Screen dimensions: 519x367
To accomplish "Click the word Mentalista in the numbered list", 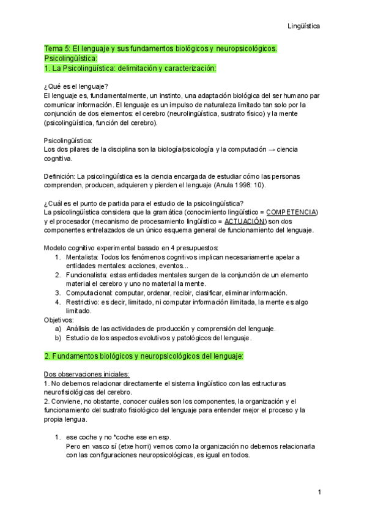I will (81, 257).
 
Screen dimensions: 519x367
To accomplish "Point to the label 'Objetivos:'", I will (59, 319).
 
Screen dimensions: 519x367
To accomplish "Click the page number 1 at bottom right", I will (319, 492).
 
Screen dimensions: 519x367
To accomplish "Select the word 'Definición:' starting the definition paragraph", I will (63, 176).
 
